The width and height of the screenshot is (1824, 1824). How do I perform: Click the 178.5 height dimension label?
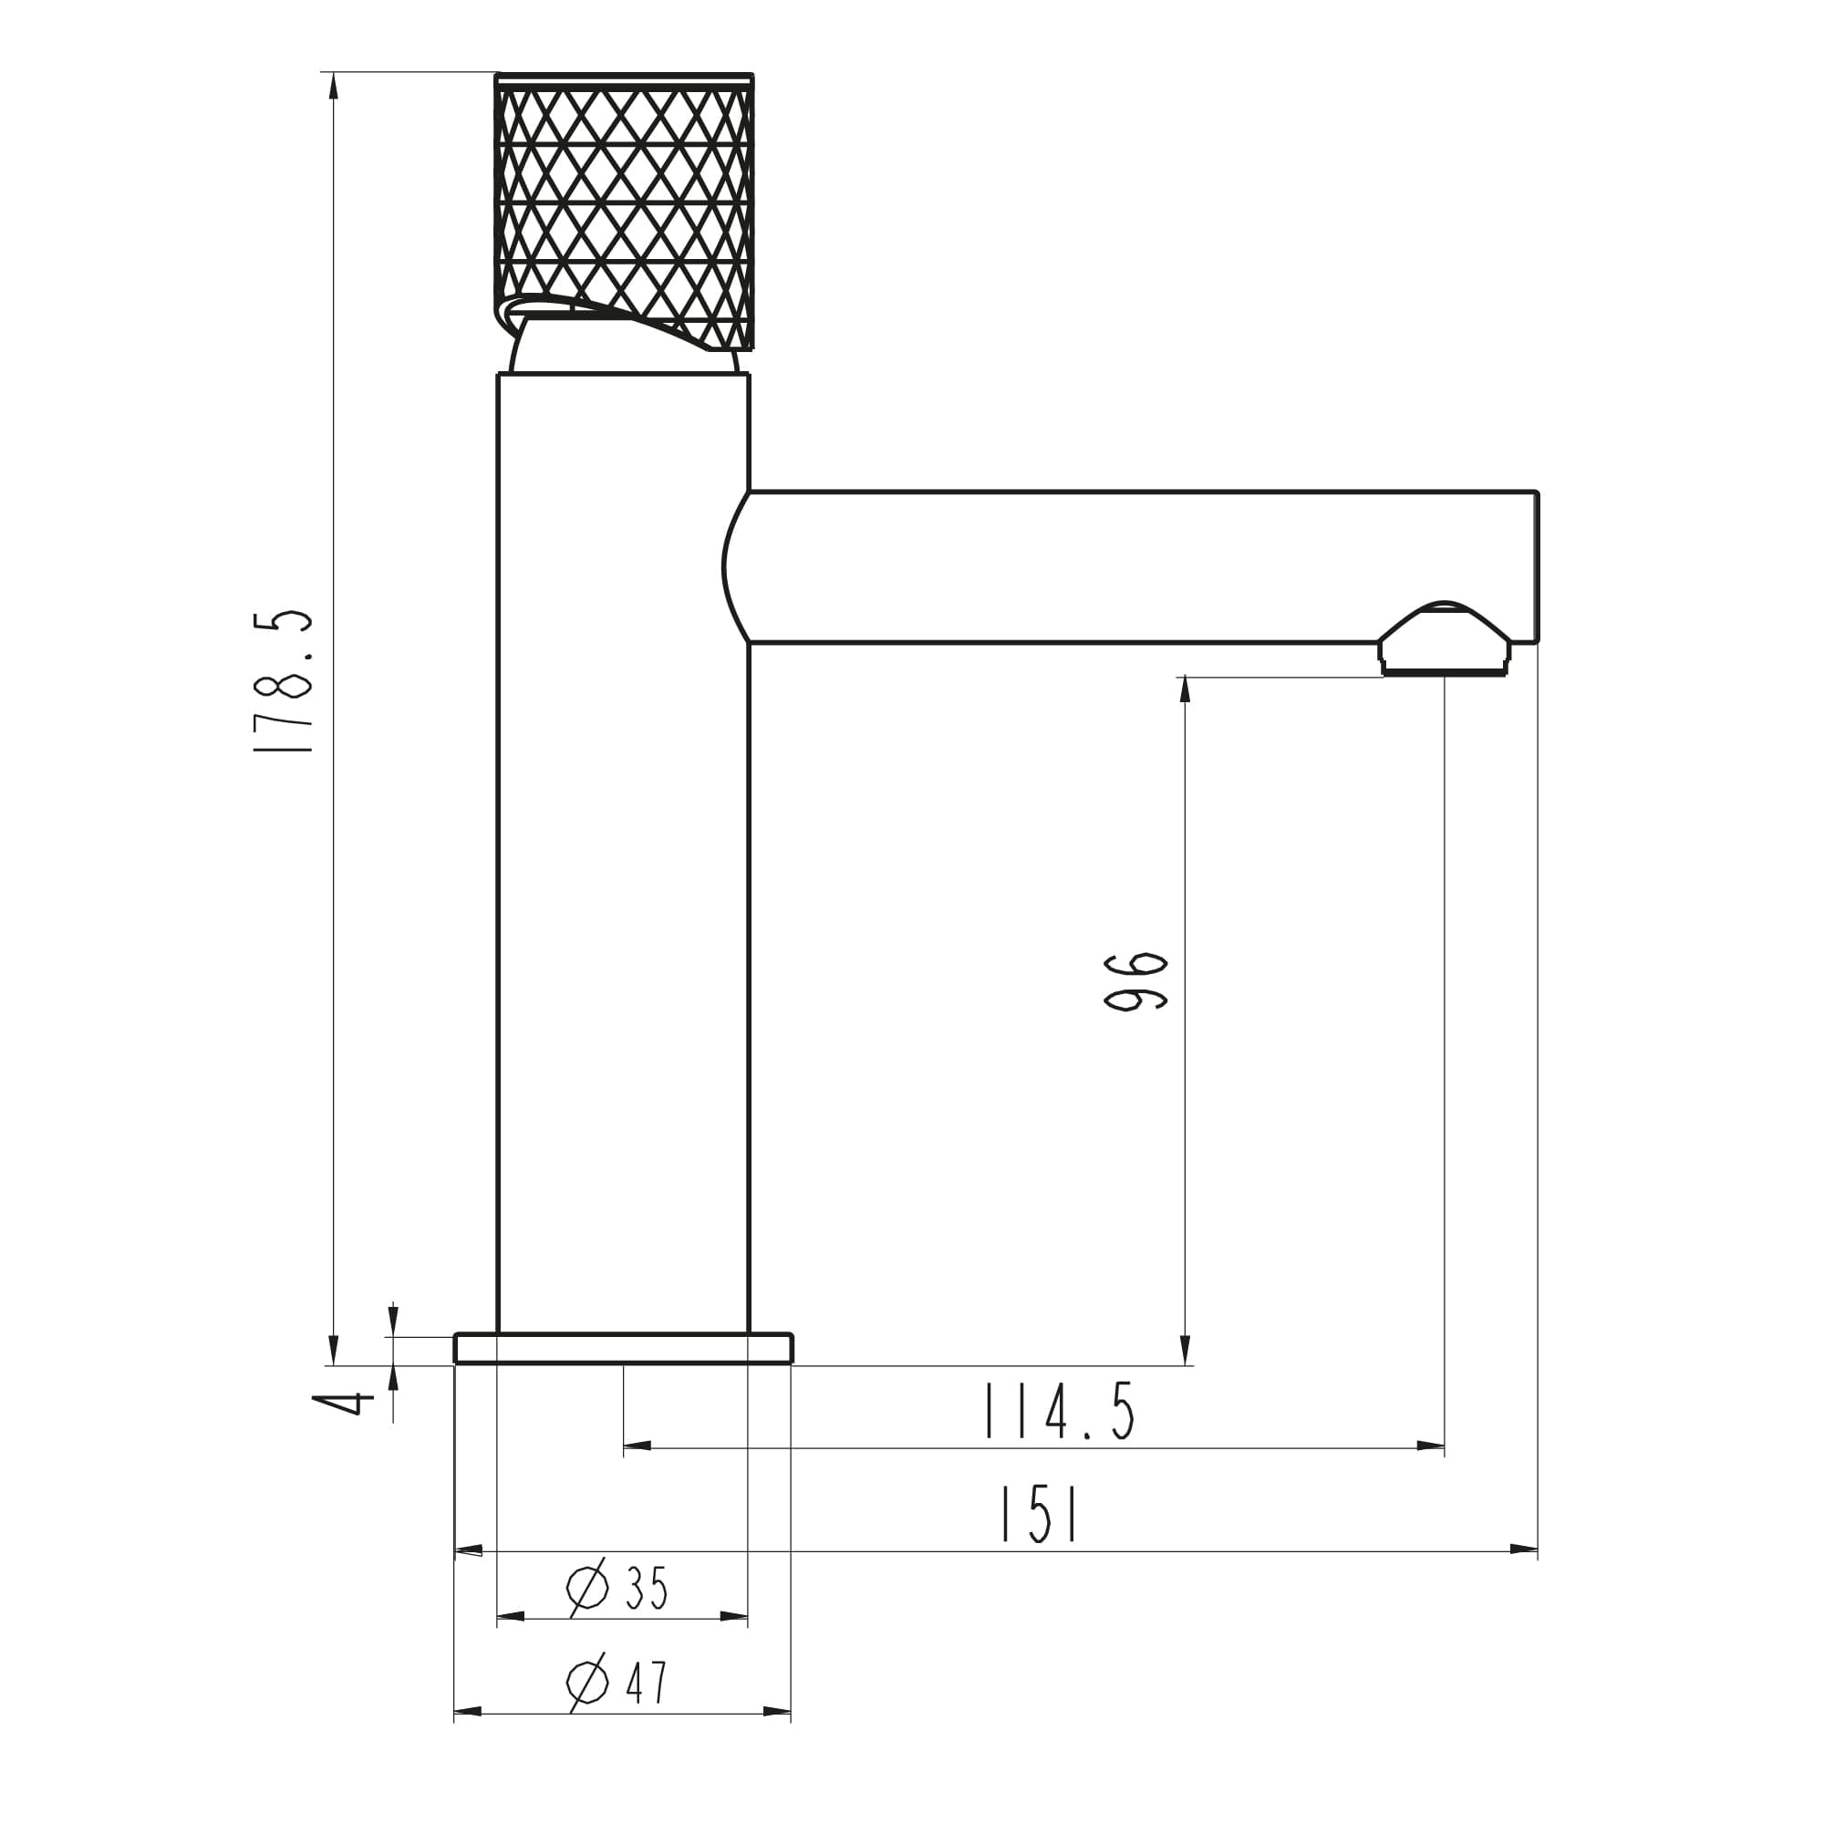click(283, 680)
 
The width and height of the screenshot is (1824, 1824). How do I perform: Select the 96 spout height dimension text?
click(1135, 983)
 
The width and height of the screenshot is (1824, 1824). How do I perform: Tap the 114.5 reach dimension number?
click(1059, 1412)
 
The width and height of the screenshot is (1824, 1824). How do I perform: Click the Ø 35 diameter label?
click(617, 1589)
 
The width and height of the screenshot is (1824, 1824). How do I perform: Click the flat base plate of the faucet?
click(623, 1348)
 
